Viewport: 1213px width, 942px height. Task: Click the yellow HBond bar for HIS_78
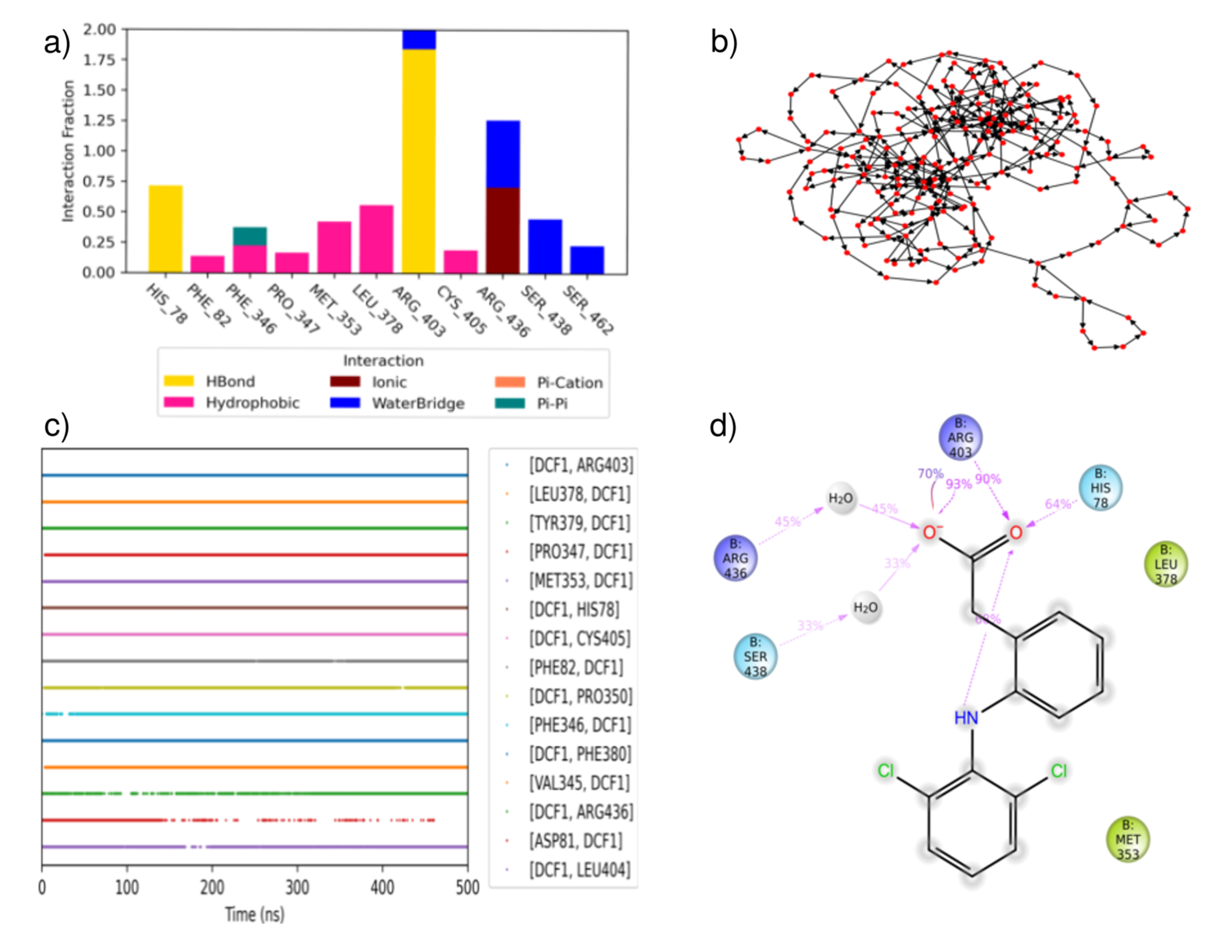[165, 229]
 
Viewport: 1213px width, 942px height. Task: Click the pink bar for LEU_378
[377, 239]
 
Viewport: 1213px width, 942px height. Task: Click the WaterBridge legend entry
[397, 403]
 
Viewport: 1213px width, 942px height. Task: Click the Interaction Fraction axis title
[68, 151]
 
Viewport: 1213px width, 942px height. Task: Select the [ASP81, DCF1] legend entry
[575, 841]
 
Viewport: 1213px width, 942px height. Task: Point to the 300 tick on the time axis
[297, 888]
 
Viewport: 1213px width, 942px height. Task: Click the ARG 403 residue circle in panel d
[960, 438]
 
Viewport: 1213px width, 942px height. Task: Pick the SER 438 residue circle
[755, 657]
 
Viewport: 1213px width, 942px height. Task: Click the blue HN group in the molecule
[966, 718]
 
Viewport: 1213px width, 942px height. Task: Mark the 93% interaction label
[959, 484]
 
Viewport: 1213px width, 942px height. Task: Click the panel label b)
[724, 42]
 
